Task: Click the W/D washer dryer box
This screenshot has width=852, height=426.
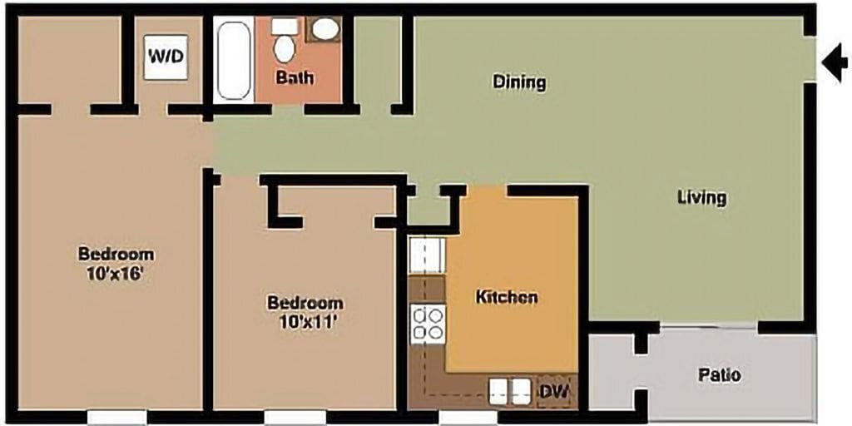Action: coord(165,57)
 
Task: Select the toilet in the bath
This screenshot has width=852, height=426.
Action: coord(285,41)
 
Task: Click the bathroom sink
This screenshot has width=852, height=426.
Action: coord(324,29)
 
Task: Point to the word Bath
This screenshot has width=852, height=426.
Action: coord(295,78)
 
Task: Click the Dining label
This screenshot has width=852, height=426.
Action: coord(519,82)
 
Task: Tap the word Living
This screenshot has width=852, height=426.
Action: coord(701,197)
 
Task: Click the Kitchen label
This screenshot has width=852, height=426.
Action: coord(506,297)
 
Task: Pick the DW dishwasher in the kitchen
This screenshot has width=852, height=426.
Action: coord(553,390)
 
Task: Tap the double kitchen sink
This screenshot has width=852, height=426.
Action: coord(509,389)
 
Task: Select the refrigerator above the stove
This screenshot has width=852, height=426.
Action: coord(428,256)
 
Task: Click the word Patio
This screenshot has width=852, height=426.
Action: coord(719,375)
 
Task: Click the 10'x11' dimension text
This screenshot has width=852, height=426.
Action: coord(305,322)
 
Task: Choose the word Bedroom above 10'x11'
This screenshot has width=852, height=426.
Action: coord(305,303)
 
